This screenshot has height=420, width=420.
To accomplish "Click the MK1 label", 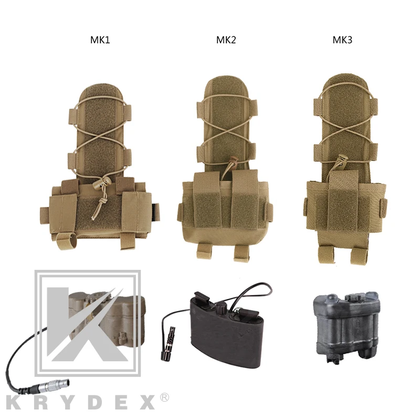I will coord(100,40).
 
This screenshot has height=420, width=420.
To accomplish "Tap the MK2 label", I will coord(226,40).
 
